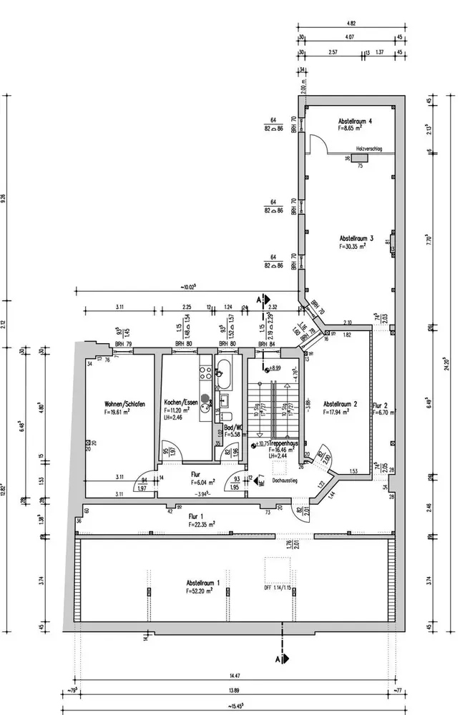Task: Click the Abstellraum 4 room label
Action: tap(355, 122)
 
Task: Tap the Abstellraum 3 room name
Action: tap(356, 238)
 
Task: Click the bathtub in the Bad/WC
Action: tap(223, 373)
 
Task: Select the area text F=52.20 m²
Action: tap(205, 591)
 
